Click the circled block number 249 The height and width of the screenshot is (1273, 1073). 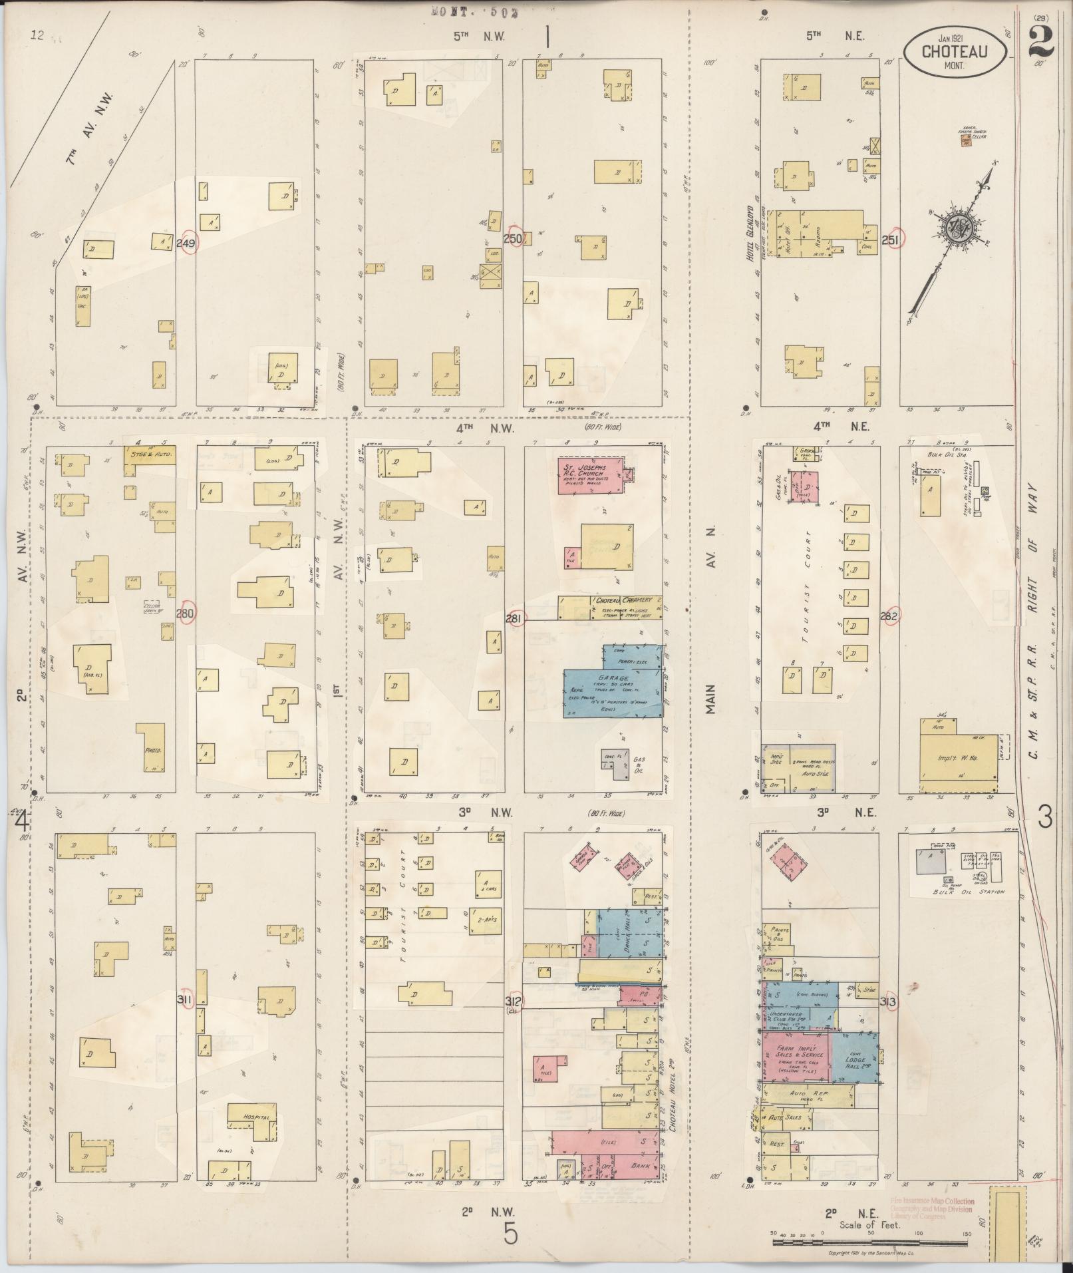[x=186, y=244]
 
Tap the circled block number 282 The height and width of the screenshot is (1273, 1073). [x=889, y=617]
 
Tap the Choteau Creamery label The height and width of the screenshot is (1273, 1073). [x=624, y=600]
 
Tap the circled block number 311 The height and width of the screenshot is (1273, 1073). [x=186, y=1000]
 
